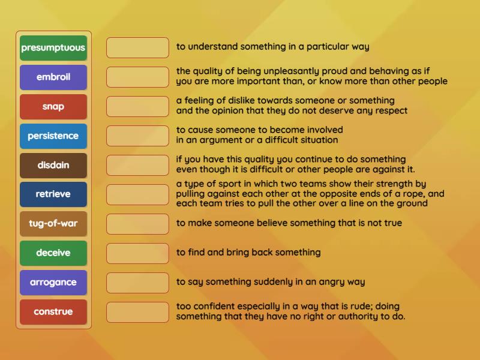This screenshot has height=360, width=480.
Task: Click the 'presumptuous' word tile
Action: point(53,48)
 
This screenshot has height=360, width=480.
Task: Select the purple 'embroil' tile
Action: point(53,77)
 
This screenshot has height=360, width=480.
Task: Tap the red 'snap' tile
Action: point(53,107)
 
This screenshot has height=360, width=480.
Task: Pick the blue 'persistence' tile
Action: point(53,136)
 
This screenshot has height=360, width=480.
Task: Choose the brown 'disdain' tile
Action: point(53,166)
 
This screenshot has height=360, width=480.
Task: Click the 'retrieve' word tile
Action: point(53,194)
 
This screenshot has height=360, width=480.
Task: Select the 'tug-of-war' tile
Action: point(53,224)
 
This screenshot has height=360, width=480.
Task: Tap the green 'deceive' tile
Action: point(53,253)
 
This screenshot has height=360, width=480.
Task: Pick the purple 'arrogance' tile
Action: point(53,283)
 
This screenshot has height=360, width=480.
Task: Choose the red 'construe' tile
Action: point(53,312)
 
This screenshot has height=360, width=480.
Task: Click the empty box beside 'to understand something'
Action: point(137,48)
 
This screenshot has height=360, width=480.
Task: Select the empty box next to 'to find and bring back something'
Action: point(137,253)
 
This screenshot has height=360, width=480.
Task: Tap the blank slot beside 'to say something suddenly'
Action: point(137,283)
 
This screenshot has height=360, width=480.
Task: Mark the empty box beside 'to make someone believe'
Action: point(137,224)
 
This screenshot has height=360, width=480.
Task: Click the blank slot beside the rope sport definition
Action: point(137,194)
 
